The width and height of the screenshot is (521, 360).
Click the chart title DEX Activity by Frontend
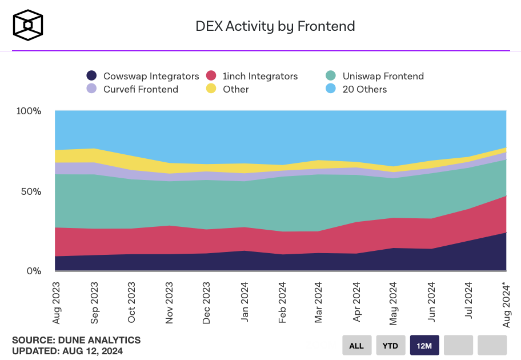coord(275,26)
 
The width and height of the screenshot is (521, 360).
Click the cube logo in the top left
coord(28,25)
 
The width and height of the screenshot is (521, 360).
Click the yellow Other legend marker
coord(211,89)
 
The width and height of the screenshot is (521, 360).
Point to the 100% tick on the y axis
coord(28,111)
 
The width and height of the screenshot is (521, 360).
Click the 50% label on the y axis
coord(31,191)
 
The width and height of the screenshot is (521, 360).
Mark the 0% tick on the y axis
coord(34,271)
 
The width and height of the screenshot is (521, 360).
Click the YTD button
coord(391,345)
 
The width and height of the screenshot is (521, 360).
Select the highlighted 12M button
coord(424,345)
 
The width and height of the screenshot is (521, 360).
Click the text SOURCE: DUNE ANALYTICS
coord(76,340)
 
